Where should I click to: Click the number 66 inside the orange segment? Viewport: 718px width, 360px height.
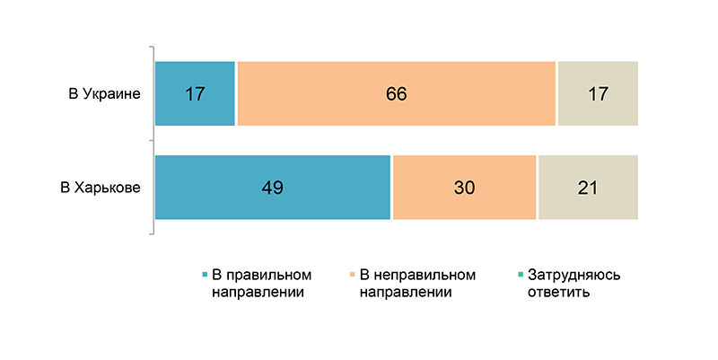coord(397,93)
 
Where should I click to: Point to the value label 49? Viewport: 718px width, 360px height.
coord(273,188)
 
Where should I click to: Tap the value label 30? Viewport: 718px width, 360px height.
coord(464,188)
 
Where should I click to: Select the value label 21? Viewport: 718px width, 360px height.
coord(587,188)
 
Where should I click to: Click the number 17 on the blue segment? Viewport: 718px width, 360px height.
coord(195,93)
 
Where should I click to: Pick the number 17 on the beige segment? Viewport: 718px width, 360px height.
coord(597,93)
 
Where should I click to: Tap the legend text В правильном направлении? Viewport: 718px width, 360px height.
coord(260,283)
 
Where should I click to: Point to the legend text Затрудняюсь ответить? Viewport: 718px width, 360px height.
coord(574,283)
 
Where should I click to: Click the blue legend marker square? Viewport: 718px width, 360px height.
coord(205,275)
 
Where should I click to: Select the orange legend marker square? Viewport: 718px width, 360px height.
coord(351,275)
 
